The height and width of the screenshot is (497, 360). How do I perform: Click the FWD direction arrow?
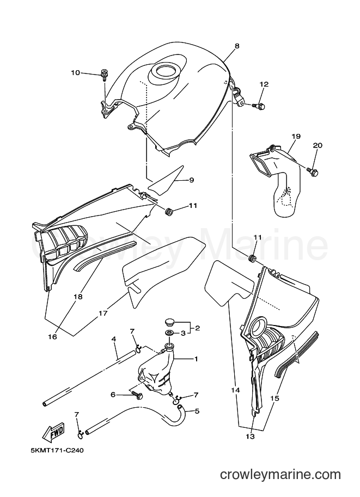[53, 432]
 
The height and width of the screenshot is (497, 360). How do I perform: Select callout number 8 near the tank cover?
[237, 46]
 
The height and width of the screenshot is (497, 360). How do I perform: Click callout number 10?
[76, 72]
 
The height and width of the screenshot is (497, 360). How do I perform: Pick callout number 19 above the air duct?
[296, 137]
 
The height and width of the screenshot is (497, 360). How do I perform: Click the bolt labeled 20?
[313, 171]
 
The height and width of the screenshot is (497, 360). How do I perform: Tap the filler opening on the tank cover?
[165, 70]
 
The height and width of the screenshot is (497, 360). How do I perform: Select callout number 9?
[191, 180]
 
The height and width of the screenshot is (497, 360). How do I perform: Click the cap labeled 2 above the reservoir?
[170, 323]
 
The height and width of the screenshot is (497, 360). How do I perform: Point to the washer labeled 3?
[169, 333]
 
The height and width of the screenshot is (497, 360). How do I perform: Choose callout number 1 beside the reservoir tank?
[196, 359]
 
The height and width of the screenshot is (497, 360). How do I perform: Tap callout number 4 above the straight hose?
[113, 339]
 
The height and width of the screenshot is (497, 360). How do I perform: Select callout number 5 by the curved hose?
[197, 412]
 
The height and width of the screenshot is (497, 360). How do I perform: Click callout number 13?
[250, 437]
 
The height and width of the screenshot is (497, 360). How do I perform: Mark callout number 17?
[103, 313]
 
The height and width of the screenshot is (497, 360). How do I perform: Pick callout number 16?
[52, 337]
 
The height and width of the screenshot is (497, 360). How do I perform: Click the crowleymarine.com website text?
[280, 475]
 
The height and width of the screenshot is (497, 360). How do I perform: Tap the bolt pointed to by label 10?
[103, 74]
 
